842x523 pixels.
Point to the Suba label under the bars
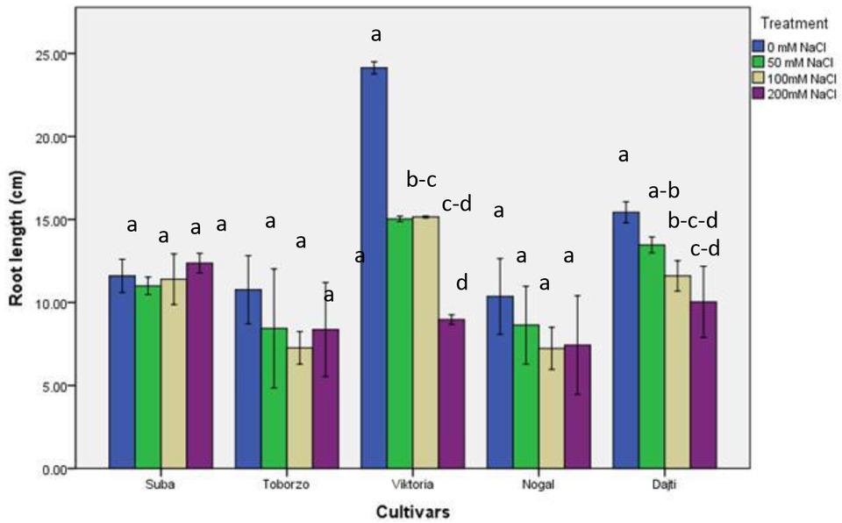[x=161, y=484]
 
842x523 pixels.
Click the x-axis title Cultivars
[x=414, y=510]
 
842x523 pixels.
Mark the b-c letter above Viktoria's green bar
[x=421, y=181]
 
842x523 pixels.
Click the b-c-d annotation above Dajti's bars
[x=693, y=219]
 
